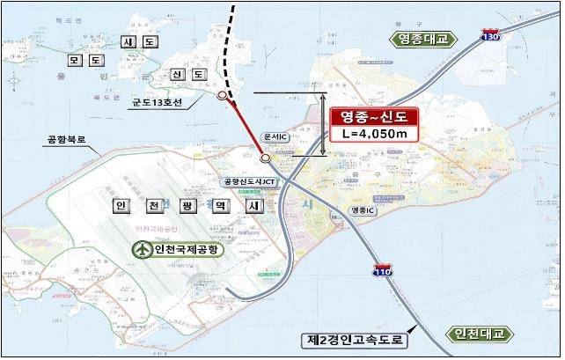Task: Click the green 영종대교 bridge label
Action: coord(422,40)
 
